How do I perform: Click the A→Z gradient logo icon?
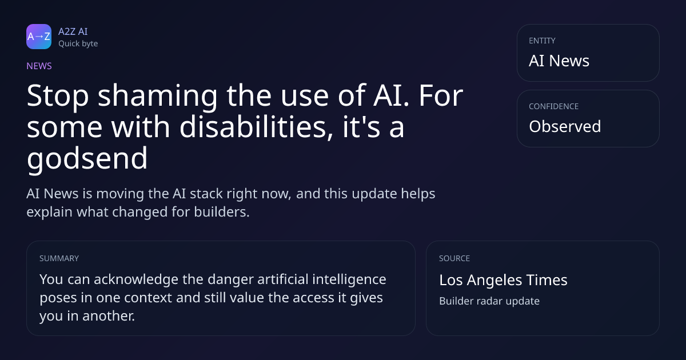[39, 37]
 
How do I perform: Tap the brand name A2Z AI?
[73, 31]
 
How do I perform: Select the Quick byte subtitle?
[78, 44]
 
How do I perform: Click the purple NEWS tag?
[39, 66]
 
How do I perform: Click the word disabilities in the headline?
[256, 127]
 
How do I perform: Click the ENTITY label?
[542, 41]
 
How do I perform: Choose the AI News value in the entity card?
[559, 61]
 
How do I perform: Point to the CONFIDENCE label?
[554, 106]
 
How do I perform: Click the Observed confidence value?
[565, 126]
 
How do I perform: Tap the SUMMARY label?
[59, 258]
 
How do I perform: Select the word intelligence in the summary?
[349, 279]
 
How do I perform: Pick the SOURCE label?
[454, 258]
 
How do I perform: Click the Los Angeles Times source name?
[503, 280]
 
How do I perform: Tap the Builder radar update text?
[489, 301]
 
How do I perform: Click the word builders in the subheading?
[222, 212]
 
